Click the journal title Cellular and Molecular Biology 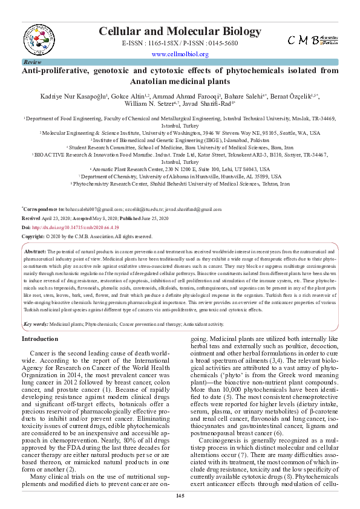coord(180,31)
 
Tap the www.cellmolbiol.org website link coord(180,54)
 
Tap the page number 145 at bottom coord(180,496)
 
